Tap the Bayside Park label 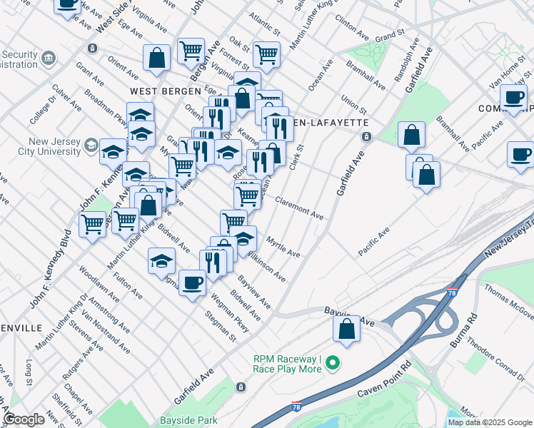(x=188, y=419)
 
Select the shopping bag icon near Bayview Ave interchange (x=346, y=330)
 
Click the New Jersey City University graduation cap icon (x=91, y=146)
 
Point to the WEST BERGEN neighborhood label (x=158, y=91)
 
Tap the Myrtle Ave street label (x=283, y=246)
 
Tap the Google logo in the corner (x=24, y=419)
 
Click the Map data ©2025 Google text (x=489, y=422)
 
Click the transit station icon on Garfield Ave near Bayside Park (x=241, y=387)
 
